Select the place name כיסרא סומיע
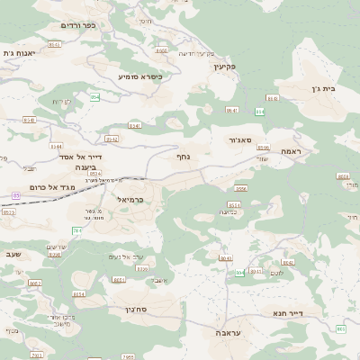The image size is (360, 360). click(x=140, y=76)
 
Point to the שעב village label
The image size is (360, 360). click(x=13, y=254)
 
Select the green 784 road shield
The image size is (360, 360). click(x=77, y=231)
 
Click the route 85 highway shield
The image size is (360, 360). click(x=15, y=194)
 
